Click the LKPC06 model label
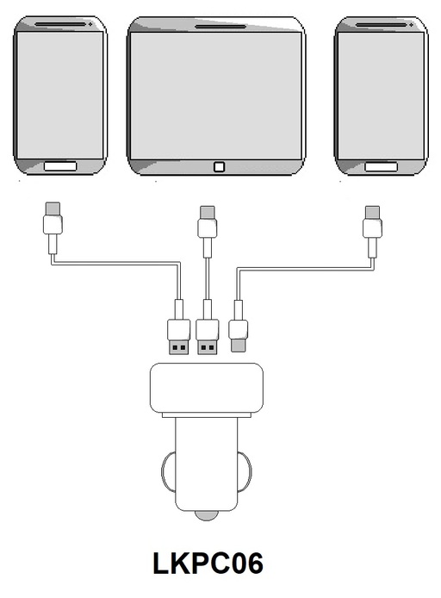[x=208, y=563]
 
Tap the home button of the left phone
[x=60, y=166]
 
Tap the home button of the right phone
[x=382, y=166]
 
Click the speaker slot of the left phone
[x=60, y=24]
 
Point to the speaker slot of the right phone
[x=382, y=24]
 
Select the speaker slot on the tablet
[x=220, y=27]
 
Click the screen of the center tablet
[x=215, y=96]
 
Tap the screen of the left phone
[x=60, y=95]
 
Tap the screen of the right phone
[x=382, y=96]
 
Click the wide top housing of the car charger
[x=207, y=388]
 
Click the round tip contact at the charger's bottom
[x=207, y=515]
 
